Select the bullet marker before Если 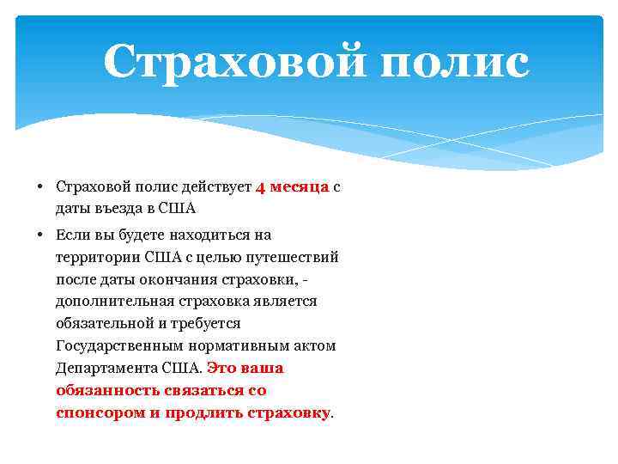click(40, 235)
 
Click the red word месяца click(300, 187)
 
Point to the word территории click(98, 257)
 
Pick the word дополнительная click(114, 302)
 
